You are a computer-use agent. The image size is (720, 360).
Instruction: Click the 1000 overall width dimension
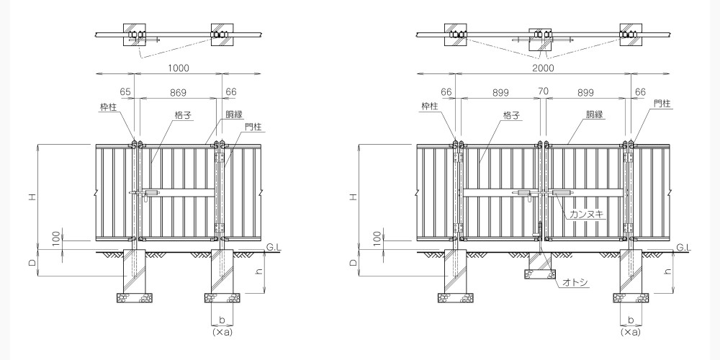(x=178, y=68)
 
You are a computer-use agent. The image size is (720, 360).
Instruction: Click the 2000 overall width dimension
(x=543, y=68)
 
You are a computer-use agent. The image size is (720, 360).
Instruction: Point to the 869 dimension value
(x=178, y=92)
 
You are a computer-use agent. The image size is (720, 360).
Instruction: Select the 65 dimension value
(x=125, y=92)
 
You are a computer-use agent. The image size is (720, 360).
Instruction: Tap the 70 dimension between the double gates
(x=543, y=91)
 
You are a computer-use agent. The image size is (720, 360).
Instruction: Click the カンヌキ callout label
(x=586, y=214)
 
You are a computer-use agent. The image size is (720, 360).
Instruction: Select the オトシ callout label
(x=575, y=282)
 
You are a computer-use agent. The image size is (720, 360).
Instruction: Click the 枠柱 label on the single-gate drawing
(x=109, y=107)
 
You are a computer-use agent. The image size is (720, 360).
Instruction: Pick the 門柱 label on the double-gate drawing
(x=662, y=104)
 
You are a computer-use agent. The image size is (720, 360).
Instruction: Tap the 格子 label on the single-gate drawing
(x=183, y=115)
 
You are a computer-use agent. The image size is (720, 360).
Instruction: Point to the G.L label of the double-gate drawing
(x=684, y=248)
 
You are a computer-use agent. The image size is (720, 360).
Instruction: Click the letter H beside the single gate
(x=32, y=197)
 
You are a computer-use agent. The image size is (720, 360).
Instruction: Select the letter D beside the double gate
(x=353, y=263)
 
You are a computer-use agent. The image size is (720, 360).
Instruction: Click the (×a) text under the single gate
(x=222, y=331)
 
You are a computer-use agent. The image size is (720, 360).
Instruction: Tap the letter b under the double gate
(x=631, y=320)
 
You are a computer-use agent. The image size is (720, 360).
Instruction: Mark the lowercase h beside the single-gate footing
(x=259, y=271)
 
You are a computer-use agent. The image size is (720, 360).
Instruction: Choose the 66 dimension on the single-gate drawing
(x=231, y=92)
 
